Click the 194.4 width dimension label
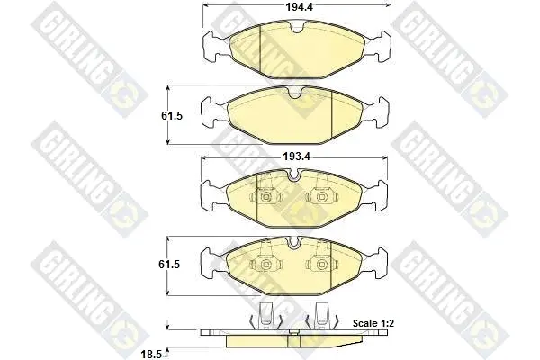300,7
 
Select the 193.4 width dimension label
296,157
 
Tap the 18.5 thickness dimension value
151,355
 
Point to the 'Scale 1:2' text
373,323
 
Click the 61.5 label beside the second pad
172,116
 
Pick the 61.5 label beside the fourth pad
169,265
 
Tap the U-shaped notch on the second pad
295,94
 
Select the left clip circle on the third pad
265,197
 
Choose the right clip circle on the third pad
322,197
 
